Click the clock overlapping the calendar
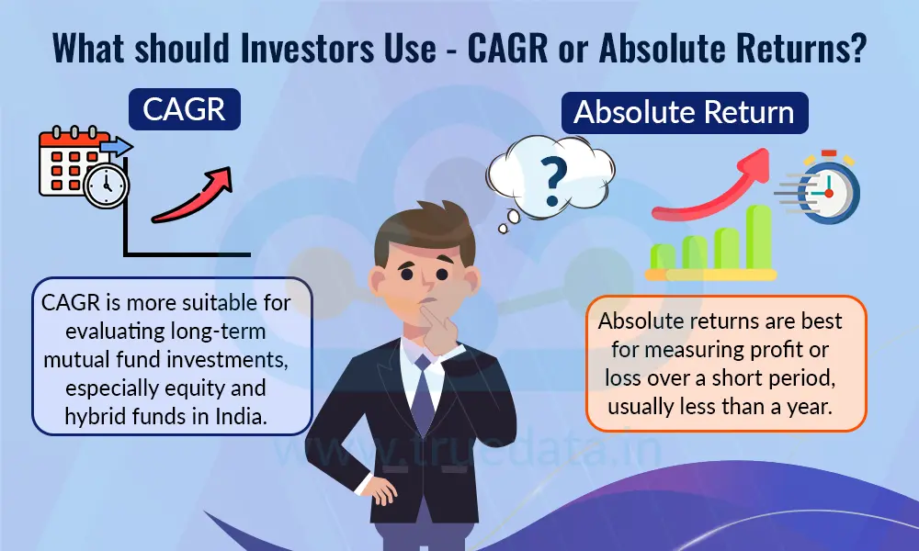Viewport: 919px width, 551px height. (105, 187)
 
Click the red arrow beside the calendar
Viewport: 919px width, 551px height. (191, 195)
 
